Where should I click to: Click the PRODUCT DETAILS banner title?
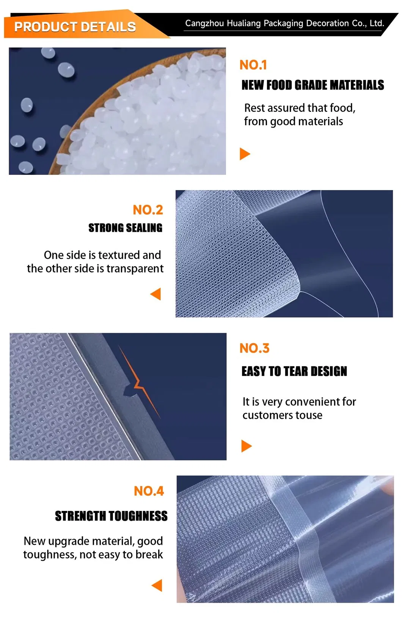coord(75,27)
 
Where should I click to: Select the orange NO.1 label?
coord(253,65)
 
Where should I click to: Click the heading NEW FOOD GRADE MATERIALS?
coord(312,85)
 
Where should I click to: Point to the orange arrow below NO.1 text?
coord(245,154)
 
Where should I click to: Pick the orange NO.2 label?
coord(148,210)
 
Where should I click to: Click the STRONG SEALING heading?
coord(125,228)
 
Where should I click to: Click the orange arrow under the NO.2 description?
coord(156,294)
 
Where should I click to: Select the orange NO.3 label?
coord(254,348)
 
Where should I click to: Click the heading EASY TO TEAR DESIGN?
coord(294,371)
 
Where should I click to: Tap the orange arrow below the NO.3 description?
coord(247,446)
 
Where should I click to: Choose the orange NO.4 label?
coord(149,491)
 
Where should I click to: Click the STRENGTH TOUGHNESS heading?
coord(111,516)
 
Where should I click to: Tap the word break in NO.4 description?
coord(149,555)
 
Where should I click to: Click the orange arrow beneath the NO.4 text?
coord(157,585)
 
